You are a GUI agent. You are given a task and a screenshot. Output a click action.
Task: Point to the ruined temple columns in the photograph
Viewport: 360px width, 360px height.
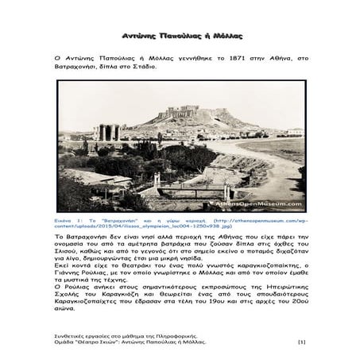pyautogui.click(x=109, y=132)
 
